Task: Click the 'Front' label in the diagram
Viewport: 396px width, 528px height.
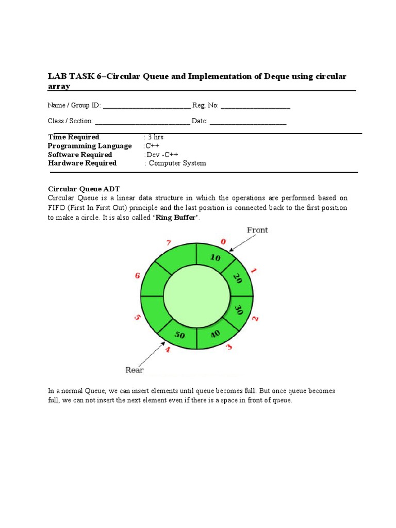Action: coord(257,230)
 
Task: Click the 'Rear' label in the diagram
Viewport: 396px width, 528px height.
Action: coord(135,370)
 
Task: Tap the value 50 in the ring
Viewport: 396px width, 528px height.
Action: coord(179,335)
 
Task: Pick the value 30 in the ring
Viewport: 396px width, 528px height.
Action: coord(239,310)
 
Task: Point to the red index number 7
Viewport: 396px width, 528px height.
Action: coord(168,242)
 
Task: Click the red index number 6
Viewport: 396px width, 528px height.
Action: coord(138,276)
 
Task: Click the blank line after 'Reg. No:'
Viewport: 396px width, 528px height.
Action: coord(255,106)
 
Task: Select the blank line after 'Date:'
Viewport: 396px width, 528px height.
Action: coord(247,122)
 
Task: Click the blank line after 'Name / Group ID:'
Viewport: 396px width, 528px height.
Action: coord(147,106)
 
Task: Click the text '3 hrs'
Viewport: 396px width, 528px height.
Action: coord(156,137)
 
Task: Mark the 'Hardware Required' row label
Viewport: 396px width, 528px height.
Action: coord(82,163)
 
